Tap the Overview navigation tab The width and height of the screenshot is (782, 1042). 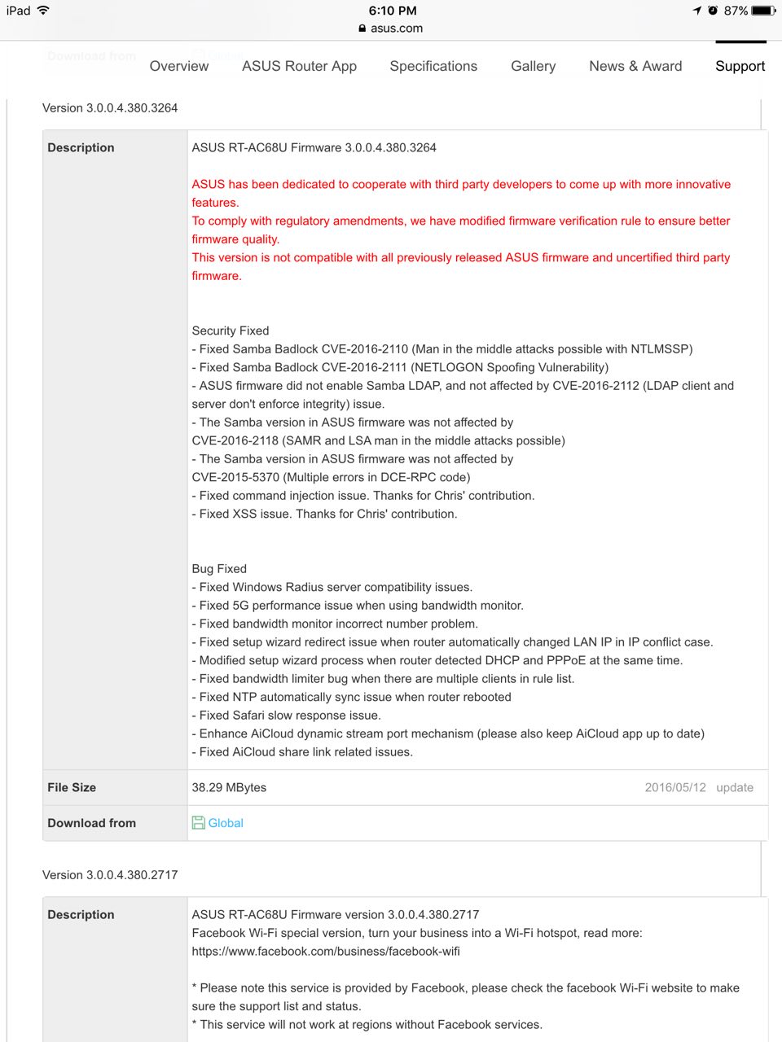point(179,66)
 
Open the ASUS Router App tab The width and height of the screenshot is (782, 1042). point(299,66)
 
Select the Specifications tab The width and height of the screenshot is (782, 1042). point(433,66)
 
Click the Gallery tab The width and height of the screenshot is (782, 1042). point(533,66)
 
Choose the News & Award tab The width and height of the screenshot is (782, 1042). point(635,66)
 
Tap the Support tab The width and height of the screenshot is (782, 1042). point(740,66)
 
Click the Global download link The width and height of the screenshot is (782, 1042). point(226,823)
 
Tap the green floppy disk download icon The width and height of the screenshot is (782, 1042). point(198,823)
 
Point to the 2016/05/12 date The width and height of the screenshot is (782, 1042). point(675,787)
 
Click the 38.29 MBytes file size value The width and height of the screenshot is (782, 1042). point(229,787)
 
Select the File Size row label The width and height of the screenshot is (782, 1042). point(72,787)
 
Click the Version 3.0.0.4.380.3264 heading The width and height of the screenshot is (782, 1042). point(110,107)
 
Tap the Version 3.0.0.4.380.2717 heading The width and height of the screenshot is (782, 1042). point(110,875)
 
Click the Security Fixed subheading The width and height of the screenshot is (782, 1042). point(231,331)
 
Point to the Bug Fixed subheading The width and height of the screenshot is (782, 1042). point(219,569)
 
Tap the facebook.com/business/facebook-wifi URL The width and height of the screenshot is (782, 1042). point(326,951)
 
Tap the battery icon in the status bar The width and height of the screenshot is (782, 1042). point(763,11)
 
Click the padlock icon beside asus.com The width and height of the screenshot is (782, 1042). point(362,28)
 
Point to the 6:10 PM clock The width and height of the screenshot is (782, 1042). point(393,11)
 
